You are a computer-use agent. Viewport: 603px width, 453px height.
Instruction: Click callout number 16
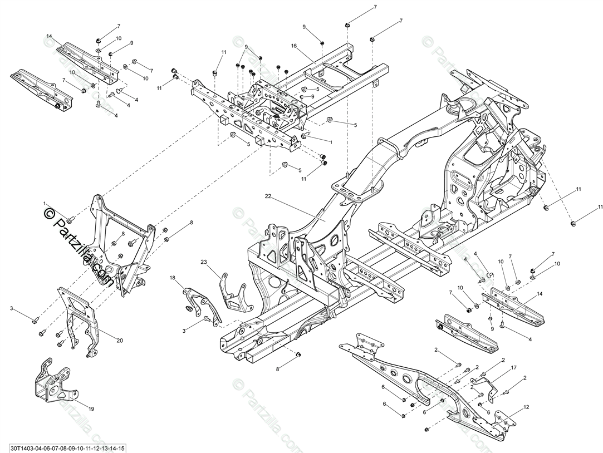(x=293, y=46)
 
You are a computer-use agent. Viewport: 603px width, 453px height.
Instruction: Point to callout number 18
(x=172, y=277)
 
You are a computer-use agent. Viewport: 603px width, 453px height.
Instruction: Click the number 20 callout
(x=120, y=340)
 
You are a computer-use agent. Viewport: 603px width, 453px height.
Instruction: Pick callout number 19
(x=91, y=408)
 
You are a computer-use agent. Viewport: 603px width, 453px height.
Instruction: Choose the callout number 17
(x=513, y=368)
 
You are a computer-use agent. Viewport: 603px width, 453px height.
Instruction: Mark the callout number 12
(x=526, y=407)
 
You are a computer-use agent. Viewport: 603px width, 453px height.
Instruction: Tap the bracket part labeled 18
(x=200, y=303)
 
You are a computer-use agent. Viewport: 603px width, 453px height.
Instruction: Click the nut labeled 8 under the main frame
(x=299, y=354)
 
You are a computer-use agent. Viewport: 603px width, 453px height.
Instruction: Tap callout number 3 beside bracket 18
(x=184, y=331)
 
